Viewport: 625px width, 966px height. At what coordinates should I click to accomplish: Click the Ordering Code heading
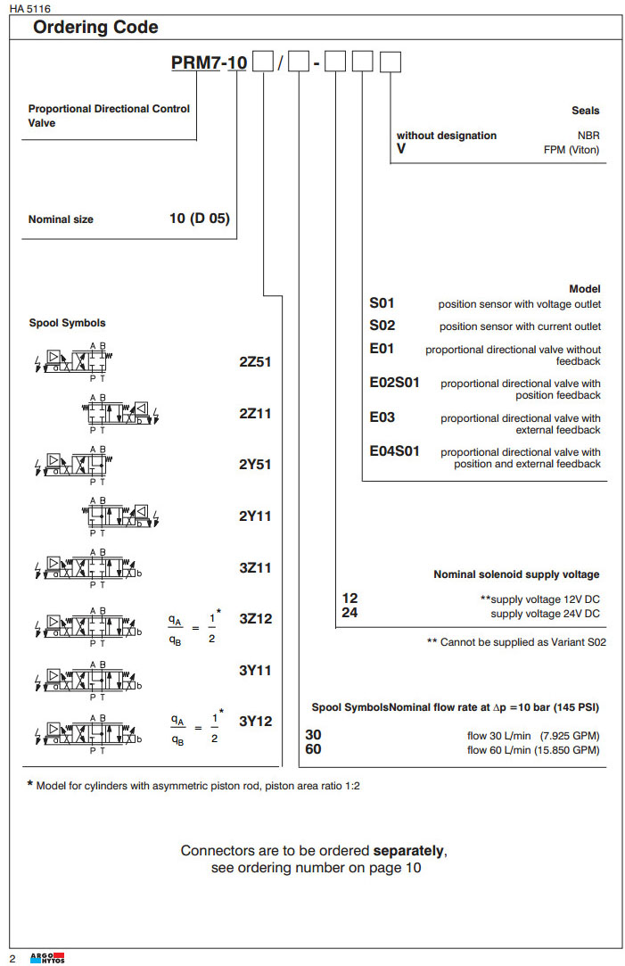click(x=95, y=28)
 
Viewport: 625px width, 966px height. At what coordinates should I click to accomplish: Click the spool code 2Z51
click(x=254, y=362)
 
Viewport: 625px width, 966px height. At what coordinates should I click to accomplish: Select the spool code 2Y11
click(x=254, y=516)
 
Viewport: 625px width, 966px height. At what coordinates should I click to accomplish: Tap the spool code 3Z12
click(x=254, y=618)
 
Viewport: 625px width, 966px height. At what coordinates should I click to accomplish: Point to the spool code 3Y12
click(x=254, y=722)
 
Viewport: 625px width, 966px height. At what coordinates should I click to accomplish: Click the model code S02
click(x=382, y=326)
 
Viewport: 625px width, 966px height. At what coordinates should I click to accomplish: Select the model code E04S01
click(x=394, y=451)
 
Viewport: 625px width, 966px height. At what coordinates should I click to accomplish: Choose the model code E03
click(x=382, y=417)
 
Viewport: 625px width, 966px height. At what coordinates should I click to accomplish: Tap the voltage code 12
click(x=350, y=599)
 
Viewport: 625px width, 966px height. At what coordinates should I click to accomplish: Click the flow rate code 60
click(x=314, y=749)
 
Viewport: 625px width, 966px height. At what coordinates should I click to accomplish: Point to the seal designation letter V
click(x=401, y=149)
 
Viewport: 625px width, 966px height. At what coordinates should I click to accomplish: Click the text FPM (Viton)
click(x=572, y=150)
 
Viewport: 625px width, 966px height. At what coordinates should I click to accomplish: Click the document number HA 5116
click(x=26, y=8)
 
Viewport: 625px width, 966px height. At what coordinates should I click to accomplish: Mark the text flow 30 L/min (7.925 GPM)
click(x=533, y=736)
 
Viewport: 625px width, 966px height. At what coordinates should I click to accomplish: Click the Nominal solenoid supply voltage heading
click(x=516, y=574)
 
